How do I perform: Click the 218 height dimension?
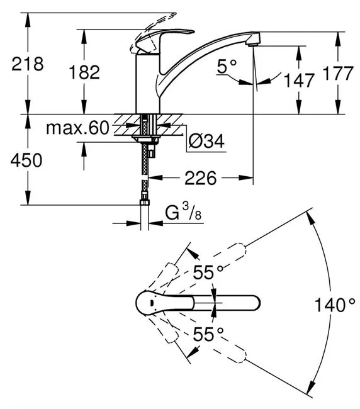[28, 64]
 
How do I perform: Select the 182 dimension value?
[84, 72]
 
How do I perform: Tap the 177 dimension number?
[338, 73]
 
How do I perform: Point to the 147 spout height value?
[299, 80]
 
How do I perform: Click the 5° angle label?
[227, 66]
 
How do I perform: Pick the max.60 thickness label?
[77, 128]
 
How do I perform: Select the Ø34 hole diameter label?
[206, 142]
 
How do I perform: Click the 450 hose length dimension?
[26, 160]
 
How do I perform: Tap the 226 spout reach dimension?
[200, 178]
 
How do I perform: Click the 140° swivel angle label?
[335, 305]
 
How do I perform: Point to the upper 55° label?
[208, 272]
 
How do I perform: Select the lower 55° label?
[208, 334]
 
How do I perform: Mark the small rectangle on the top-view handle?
[151, 303]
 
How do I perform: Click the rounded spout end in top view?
[254, 303]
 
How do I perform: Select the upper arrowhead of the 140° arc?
[310, 218]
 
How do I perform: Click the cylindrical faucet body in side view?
[148, 84]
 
